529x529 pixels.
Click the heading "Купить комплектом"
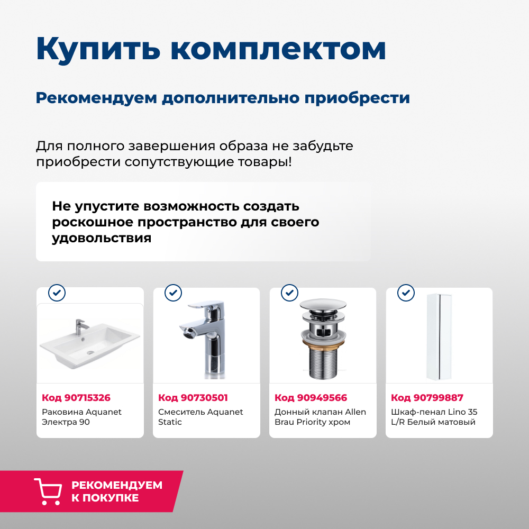click(211, 49)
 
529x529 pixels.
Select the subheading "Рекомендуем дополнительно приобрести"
click(223, 98)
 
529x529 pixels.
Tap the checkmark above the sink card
click(57, 292)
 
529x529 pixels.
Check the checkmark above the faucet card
click(173, 292)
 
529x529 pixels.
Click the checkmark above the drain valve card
click(289, 292)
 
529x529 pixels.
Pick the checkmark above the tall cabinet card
click(406, 292)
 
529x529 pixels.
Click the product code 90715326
click(76, 398)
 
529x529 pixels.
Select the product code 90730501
click(193, 398)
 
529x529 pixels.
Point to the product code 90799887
click(427, 398)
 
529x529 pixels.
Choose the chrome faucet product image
click(204, 339)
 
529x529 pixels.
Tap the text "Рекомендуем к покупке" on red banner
click(116, 491)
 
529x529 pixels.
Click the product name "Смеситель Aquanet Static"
click(200, 417)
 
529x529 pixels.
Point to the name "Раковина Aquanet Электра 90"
click(81, 417)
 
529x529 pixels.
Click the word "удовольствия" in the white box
click(102, 238)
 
